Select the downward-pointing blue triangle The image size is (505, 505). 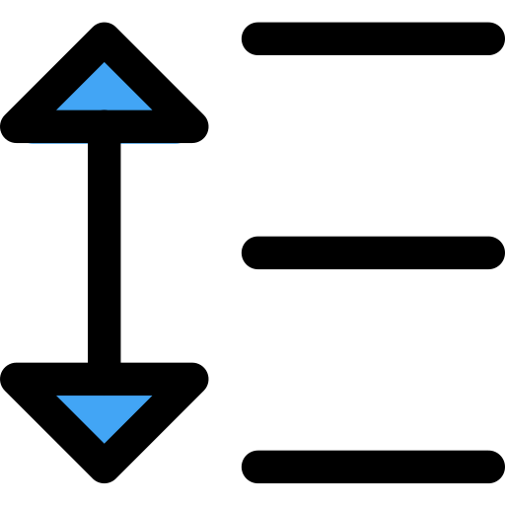click(x=104, y=411)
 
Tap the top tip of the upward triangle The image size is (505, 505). click(x=104, y=63)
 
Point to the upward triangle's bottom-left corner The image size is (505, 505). click(x=57, y=109)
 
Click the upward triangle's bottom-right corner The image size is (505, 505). click(x=151, y=109)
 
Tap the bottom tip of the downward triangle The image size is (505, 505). click(x=104, y=442)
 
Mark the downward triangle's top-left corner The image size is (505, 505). click(x=57, y=397)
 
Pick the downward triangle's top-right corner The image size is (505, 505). click(x=151, y=397)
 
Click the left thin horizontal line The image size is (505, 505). click(x=58, y=143)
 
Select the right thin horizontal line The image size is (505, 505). click(x=150, y=143)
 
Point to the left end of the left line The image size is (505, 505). click(x=30, y=143)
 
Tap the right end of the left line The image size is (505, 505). click(x=87, y=143)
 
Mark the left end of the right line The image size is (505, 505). click(x=121, y=143)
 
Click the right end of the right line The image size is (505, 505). click(x=180, y=143)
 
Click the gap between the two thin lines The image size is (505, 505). click(x=104, y=143)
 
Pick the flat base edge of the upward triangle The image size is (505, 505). click(x=104, y=108)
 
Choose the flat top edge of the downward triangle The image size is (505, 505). click(x=104, y=397)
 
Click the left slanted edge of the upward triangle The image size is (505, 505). click(x=81, y=87)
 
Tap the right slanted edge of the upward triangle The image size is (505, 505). click(x=127, y=87)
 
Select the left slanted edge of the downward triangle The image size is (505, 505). click(x=81, y=419)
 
